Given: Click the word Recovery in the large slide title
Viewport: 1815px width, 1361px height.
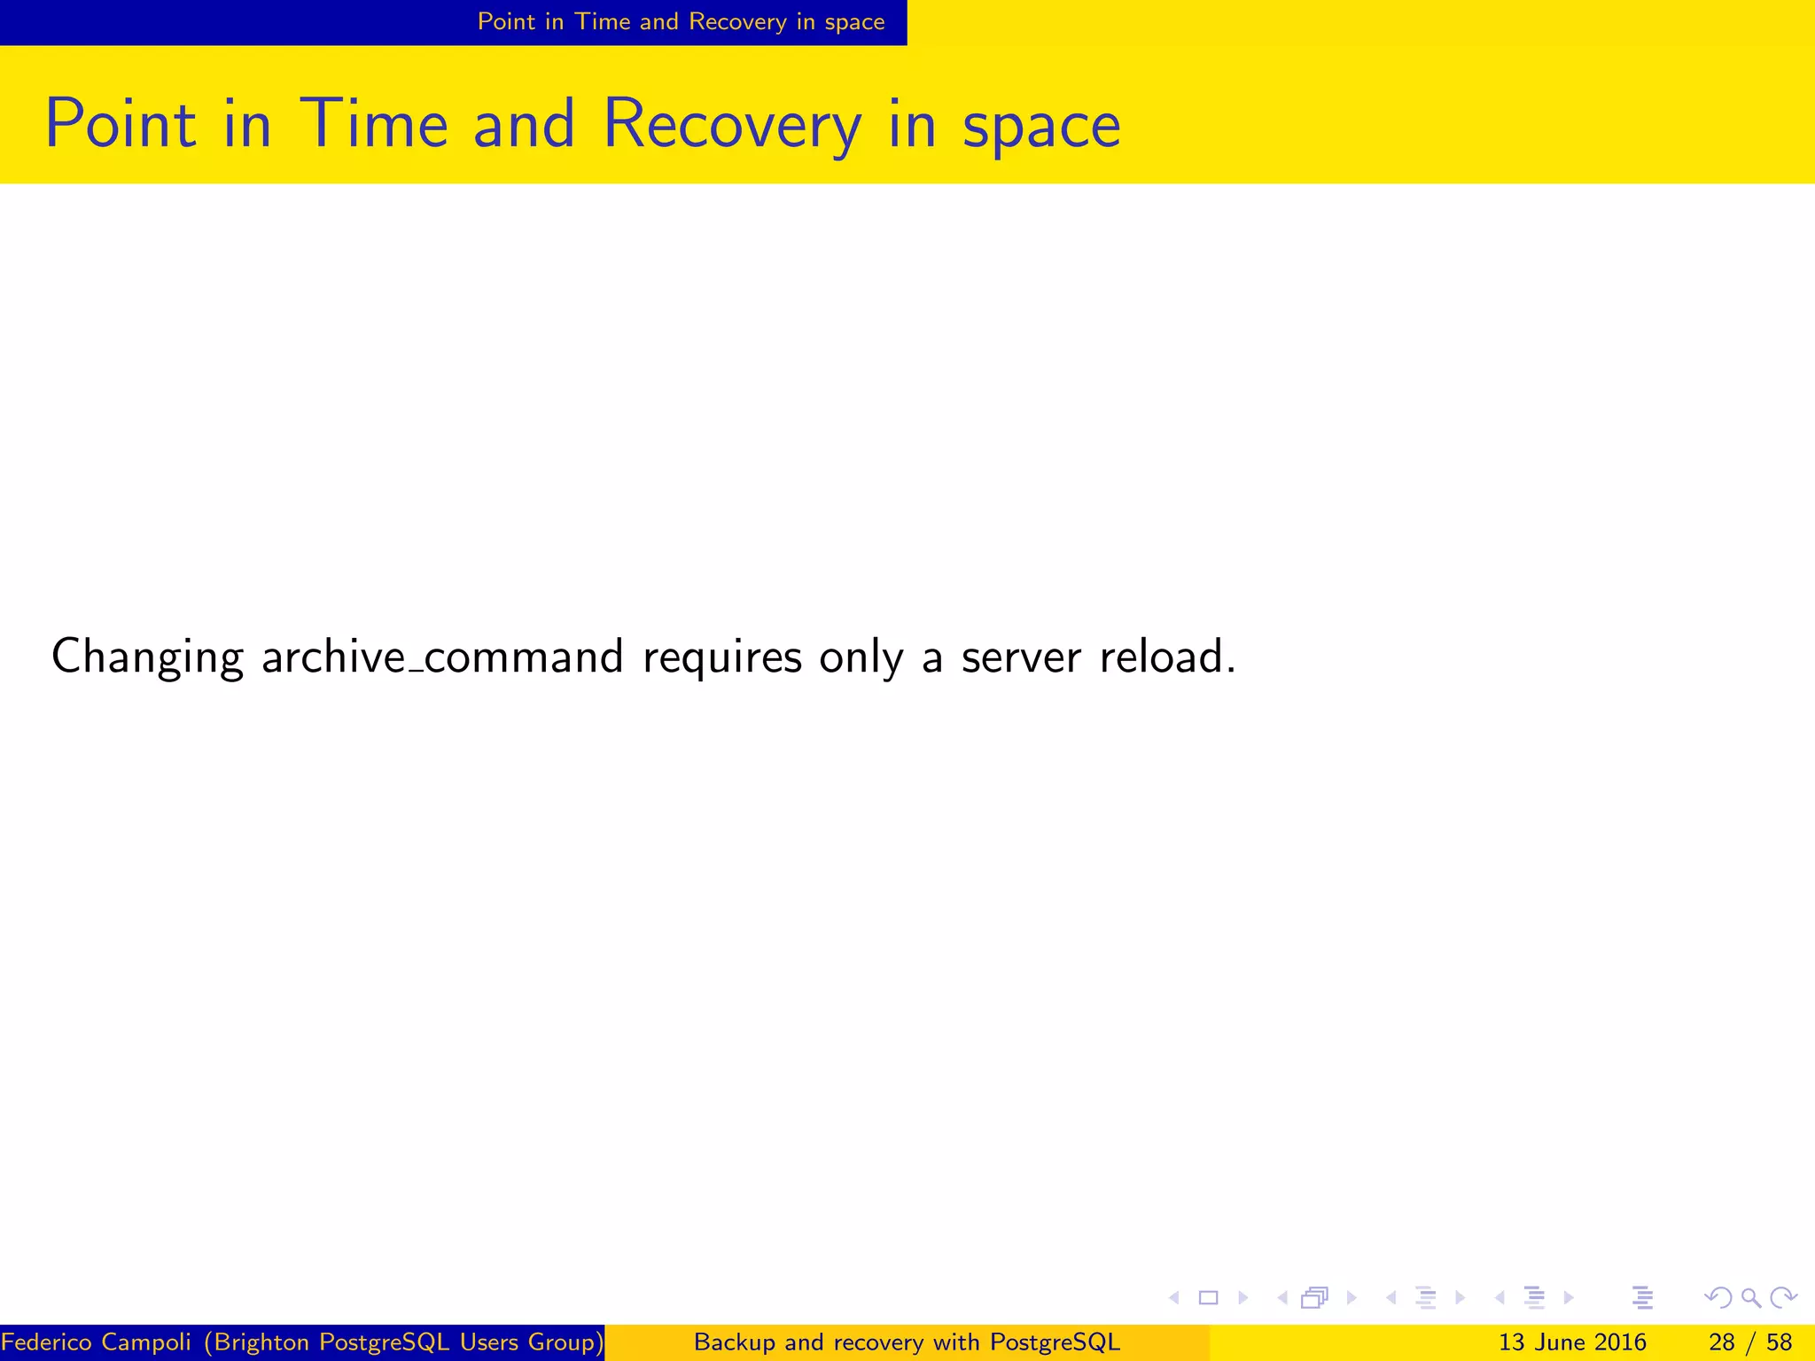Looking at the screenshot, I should coord(731,124).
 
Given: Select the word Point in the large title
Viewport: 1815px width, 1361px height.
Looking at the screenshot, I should coord(121,124).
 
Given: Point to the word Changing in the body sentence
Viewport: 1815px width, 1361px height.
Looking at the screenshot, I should coord(147,657).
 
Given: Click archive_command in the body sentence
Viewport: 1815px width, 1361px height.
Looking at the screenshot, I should coord(442,657).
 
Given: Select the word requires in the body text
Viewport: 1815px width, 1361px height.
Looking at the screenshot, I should coord(722,657).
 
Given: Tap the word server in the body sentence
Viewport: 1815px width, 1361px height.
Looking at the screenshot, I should coord(1021,657).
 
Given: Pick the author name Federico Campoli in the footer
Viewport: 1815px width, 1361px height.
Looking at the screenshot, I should coord(97,1342).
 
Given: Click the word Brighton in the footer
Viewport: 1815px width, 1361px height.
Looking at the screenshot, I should coord(262,1342).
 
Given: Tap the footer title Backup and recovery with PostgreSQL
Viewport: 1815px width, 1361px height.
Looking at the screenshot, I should coord(907,1342).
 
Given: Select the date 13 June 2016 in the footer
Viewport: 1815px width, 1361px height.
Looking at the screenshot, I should coord(1572,1342).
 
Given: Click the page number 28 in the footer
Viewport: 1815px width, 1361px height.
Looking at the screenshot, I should coord(1721,1342).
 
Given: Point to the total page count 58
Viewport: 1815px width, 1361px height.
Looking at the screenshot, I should coord(1779,1342).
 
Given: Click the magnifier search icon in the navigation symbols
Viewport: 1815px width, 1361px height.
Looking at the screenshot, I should coord(1750,1298).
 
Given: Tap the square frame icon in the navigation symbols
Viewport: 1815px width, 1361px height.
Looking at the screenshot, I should coord(1208,1298).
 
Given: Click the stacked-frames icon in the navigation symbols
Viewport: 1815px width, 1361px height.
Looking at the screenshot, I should coord(1315,1298).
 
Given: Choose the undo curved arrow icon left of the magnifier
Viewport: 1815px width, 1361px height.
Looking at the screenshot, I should coord(1718,1298).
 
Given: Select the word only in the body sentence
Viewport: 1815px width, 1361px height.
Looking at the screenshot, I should coord(861,657).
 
